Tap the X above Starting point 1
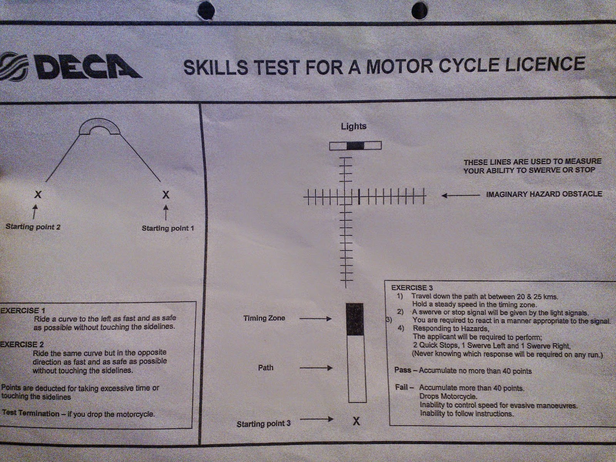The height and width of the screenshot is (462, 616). pyautogui.click(x=166, y=194)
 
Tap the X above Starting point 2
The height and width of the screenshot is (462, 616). pyautogui.click(x=38, y=194)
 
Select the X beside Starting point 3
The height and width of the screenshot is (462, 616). pyautogui.click(x=356, y=421)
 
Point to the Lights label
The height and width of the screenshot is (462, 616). pyautogui.click(x=353, y=126)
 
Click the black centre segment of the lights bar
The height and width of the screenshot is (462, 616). pyautogui.click(x=355, y=146)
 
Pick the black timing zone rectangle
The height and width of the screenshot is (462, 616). pyautogui.click(x=355, y=319)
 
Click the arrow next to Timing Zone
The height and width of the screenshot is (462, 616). pyautogui.click(x=315, y=319)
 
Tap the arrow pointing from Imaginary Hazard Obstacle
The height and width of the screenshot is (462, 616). pyautogui.click(x=460, y=196)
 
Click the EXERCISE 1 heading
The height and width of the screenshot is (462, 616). pyautogui.click(x=22, y=311)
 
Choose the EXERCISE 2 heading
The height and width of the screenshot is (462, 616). pyautogui.click(x=22, y=345)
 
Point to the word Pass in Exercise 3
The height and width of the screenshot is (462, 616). pyautogui.click(x=403, y=370)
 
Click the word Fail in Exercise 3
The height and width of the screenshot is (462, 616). pyautogui.click(x=402, y=387)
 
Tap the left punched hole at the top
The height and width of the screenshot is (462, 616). pyautogui.click(x=206, y=11)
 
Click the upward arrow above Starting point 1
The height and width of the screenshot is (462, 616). pyautogui.click(x=166, y=213)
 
